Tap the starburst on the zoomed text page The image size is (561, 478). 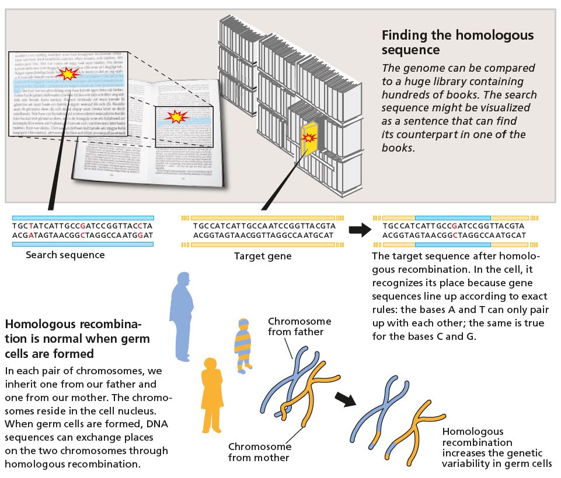[68, 73]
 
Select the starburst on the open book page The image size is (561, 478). [175, 117]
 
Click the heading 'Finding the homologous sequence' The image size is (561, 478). [457, 42]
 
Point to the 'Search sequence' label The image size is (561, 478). [65, 255]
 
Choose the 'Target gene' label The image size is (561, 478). [263, 256]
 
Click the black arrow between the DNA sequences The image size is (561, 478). [360, 230]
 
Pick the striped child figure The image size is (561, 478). [242, 345]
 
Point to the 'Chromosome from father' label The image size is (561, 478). [299, 326]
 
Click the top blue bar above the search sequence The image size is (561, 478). [83, 217]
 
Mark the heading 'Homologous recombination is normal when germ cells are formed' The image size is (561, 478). [77, 338]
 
